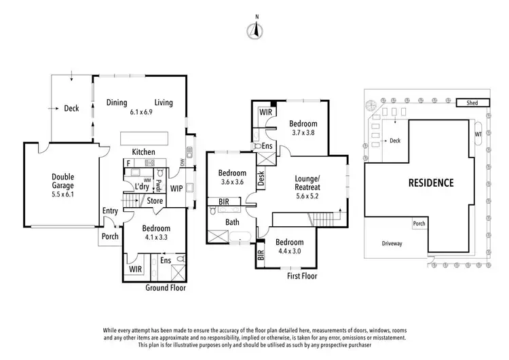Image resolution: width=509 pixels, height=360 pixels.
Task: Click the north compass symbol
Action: pos(255,29)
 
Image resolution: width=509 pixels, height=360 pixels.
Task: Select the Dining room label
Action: pos(117,103)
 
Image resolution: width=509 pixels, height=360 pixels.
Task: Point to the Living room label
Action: pos(164,103)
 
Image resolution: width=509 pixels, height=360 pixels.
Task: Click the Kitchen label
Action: pos(144,151)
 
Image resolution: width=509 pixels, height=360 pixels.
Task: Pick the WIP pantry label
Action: pos(176,187)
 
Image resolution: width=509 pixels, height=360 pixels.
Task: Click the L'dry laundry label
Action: pos(142,187)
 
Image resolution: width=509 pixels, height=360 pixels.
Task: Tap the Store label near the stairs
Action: pos(155,201)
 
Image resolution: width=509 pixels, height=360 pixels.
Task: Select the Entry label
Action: pos(110,211)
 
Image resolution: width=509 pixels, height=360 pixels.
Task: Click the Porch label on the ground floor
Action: pos(109,236)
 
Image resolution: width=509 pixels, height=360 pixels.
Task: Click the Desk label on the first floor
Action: pos(261,178)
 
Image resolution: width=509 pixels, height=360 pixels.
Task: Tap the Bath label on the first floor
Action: pos(232,222)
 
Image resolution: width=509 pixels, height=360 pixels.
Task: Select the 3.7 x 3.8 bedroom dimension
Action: pos(303,134)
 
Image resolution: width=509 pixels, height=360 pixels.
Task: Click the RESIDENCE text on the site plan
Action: pos(430,183)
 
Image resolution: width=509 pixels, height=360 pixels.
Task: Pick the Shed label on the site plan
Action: pos(466,103)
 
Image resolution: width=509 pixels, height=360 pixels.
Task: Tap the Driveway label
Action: pos(392,242)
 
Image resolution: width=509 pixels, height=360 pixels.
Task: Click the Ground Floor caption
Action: pos(166,288)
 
